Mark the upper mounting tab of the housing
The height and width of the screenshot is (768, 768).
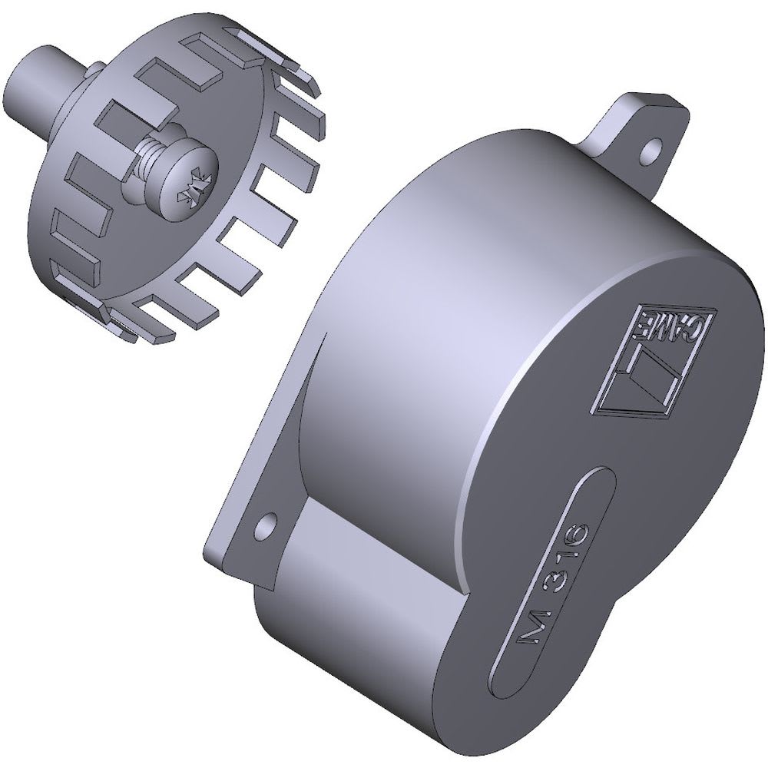pyautogui.click(x=637, y=132)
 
